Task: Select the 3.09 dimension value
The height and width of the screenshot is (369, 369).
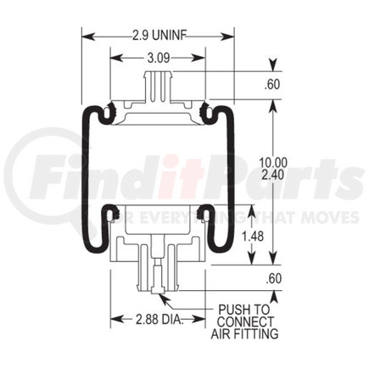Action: (x=159, y=59)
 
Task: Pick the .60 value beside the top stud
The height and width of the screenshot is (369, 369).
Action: (x=273, y=84)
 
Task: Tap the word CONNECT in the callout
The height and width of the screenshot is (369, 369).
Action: (x=246, y=321)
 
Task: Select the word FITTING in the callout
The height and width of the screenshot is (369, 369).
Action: (x=258, y=333)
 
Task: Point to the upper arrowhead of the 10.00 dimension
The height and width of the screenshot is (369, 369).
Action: (x=273, y=103)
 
